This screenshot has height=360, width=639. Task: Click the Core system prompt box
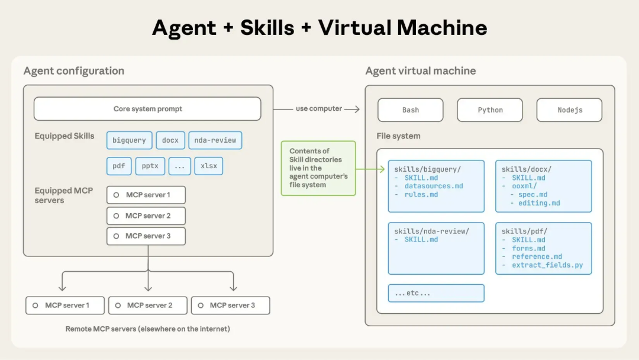pos(147,109)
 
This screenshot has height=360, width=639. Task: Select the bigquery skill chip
pos(129,140)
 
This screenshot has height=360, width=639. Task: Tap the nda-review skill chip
pos(215,140)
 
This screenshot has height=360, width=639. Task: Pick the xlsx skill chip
pos(209,166)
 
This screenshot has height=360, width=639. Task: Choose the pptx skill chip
pos(150,166)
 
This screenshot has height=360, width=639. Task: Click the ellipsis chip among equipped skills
pos(180,166)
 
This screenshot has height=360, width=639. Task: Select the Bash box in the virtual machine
pos(411,110)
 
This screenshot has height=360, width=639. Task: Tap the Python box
pos(490,110)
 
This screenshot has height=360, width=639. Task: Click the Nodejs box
pos(569,110)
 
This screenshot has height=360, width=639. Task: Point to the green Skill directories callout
pos(318,168)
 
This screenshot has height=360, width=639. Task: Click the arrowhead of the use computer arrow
pos(356,109)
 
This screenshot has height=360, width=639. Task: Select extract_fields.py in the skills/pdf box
pos(547,265)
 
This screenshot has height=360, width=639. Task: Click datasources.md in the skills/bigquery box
pos(434,186)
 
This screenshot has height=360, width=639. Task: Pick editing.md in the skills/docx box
pos(539,203)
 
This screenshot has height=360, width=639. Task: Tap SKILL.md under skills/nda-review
pos(421,240)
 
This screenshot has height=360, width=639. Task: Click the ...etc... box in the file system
pos(436,293)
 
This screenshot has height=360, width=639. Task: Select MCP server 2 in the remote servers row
pos(148,306)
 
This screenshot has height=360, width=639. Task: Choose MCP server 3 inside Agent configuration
pos(146,236)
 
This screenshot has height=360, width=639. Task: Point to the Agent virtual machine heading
pos(421,71)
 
